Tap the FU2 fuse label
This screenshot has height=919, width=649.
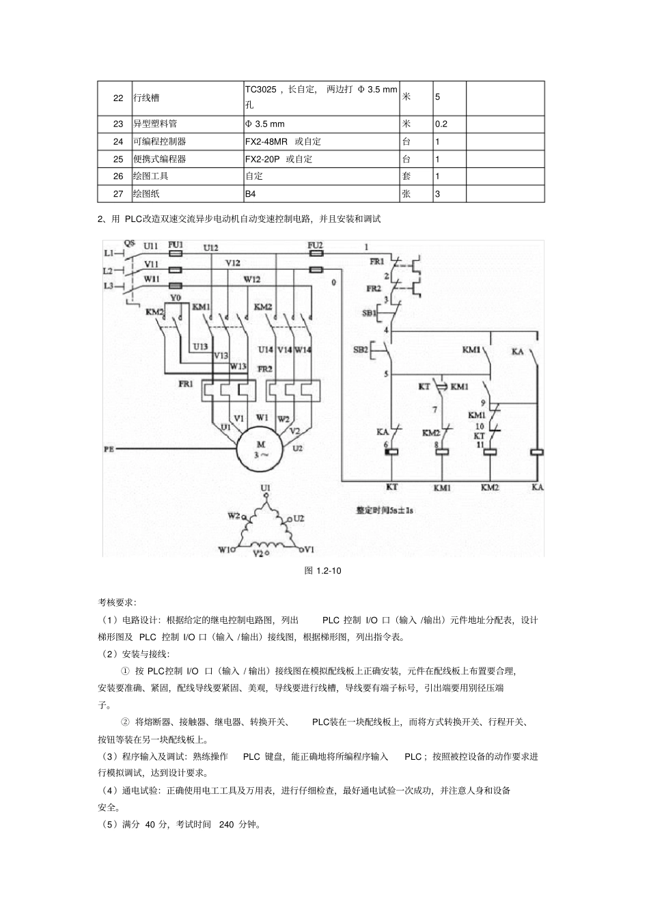[315, 245]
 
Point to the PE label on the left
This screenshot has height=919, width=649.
[109, 449]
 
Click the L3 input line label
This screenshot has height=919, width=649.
[108, 286]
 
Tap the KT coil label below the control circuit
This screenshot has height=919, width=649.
[391, 487]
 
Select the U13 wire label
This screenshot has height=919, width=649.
[199, 346]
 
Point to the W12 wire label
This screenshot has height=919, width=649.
[252, 279]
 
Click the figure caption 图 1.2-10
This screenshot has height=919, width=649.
[322, 571]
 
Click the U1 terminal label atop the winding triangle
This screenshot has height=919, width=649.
[265, 487]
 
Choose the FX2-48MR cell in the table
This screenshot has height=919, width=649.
[267, 141]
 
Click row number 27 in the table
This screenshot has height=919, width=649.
[118, 193]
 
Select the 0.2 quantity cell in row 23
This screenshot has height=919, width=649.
[441, 124]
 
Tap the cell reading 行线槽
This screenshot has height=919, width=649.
[146, 98]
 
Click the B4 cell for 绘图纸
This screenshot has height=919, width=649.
[250, 193]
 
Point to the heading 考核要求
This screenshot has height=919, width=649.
[116, 603]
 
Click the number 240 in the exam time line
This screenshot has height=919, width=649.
[227, 825]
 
